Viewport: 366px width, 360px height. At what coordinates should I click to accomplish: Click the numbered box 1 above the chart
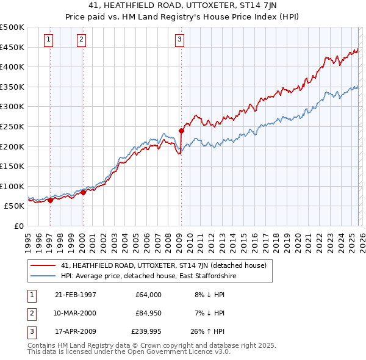pos(49,40)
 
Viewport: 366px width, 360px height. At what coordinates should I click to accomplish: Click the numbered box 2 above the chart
pos(81,40)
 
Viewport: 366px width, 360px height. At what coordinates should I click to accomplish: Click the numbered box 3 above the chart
pos(180,40)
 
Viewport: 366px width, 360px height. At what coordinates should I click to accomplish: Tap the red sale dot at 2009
pos(181,131)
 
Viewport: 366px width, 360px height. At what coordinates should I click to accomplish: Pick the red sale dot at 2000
pos(83,192)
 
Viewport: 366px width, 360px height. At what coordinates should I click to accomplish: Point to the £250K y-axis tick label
pos(12,126)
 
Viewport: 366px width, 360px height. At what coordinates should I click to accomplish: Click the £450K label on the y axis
pos(12,47)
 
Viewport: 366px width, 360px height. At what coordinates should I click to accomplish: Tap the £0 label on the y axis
pos(18,226)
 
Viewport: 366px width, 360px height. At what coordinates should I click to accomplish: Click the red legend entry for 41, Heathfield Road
pos(163,265)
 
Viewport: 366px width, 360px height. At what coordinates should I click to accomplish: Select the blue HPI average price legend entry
pos(148,276)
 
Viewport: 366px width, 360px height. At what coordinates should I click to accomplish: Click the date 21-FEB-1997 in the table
pos(75,295)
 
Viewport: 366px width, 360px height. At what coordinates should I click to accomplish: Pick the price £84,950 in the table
pos(148,314)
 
